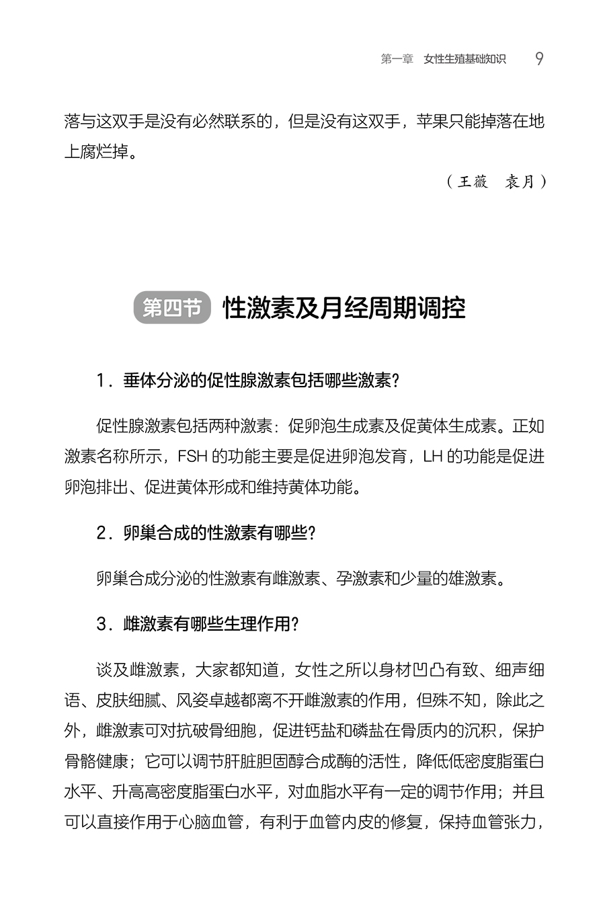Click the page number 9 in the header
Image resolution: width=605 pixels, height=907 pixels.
coord(539,59)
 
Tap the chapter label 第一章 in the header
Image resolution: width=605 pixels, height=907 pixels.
coord(397,59)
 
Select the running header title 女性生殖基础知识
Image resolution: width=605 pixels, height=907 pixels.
coord(465,59)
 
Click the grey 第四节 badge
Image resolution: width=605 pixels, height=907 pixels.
coord(172,309)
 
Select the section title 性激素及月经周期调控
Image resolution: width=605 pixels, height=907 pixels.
coord(344,309)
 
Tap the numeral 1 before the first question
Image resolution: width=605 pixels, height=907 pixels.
coord(102,381)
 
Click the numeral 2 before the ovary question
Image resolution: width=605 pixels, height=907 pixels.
coord(102,533)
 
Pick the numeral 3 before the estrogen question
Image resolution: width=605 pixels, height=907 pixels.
coord(102,625)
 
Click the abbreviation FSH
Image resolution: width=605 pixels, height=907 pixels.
coord(194,457)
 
